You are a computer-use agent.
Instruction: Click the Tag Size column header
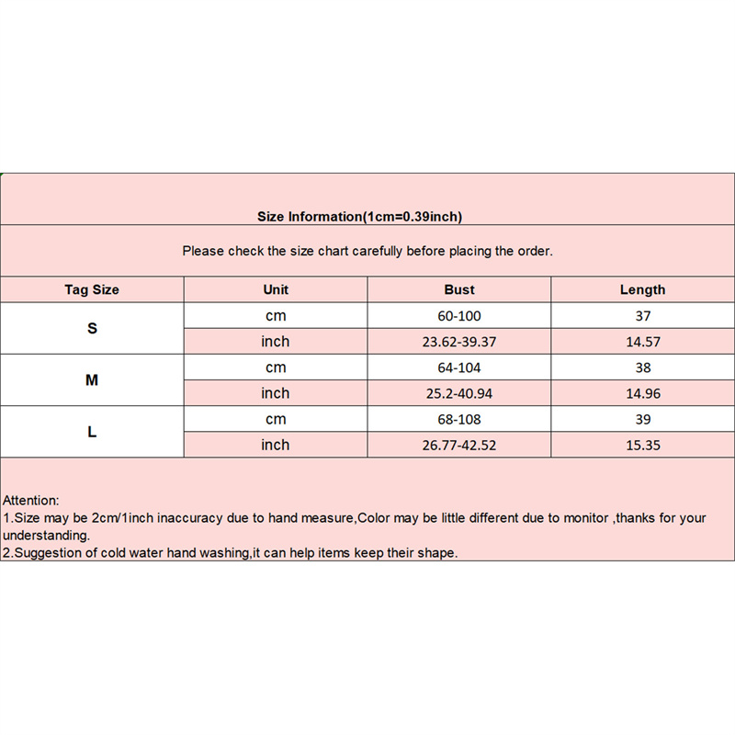(92, 289)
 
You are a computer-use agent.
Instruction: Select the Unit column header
(276, 289)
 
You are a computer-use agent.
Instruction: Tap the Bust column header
(459, 289)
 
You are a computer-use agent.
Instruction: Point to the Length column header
(642, 289)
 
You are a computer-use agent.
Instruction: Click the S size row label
(92, 328)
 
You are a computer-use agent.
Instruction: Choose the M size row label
(92, 379)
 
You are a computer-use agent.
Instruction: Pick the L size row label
(92, 431)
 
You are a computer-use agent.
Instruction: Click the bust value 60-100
(459, 316)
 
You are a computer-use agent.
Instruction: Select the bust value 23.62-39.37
(459, 342)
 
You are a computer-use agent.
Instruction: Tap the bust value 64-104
(459, 367)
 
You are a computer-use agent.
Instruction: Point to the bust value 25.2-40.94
(459, 393)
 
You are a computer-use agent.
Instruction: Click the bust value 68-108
(459, 419)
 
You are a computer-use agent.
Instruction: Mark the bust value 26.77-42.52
(459, 445)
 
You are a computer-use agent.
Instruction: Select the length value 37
(642, 316)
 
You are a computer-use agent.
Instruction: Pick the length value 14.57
(642, 342)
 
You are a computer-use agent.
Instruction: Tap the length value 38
(642, 367)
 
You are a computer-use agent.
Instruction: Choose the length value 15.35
(642, 445)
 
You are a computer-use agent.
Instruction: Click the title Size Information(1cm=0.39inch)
(359, 217)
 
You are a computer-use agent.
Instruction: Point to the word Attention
(30, 501)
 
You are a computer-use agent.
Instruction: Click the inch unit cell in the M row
(276, 393)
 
